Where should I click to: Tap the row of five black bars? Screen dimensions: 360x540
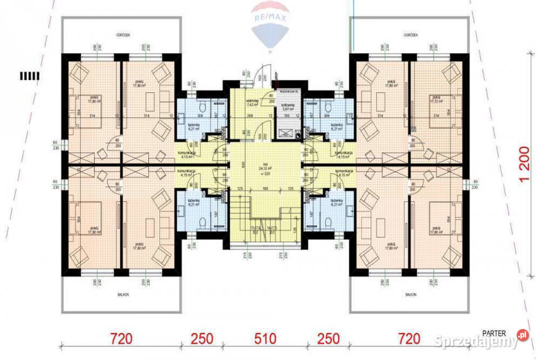click(29, 75)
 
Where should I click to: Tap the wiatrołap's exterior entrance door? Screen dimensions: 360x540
click(262, 78)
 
